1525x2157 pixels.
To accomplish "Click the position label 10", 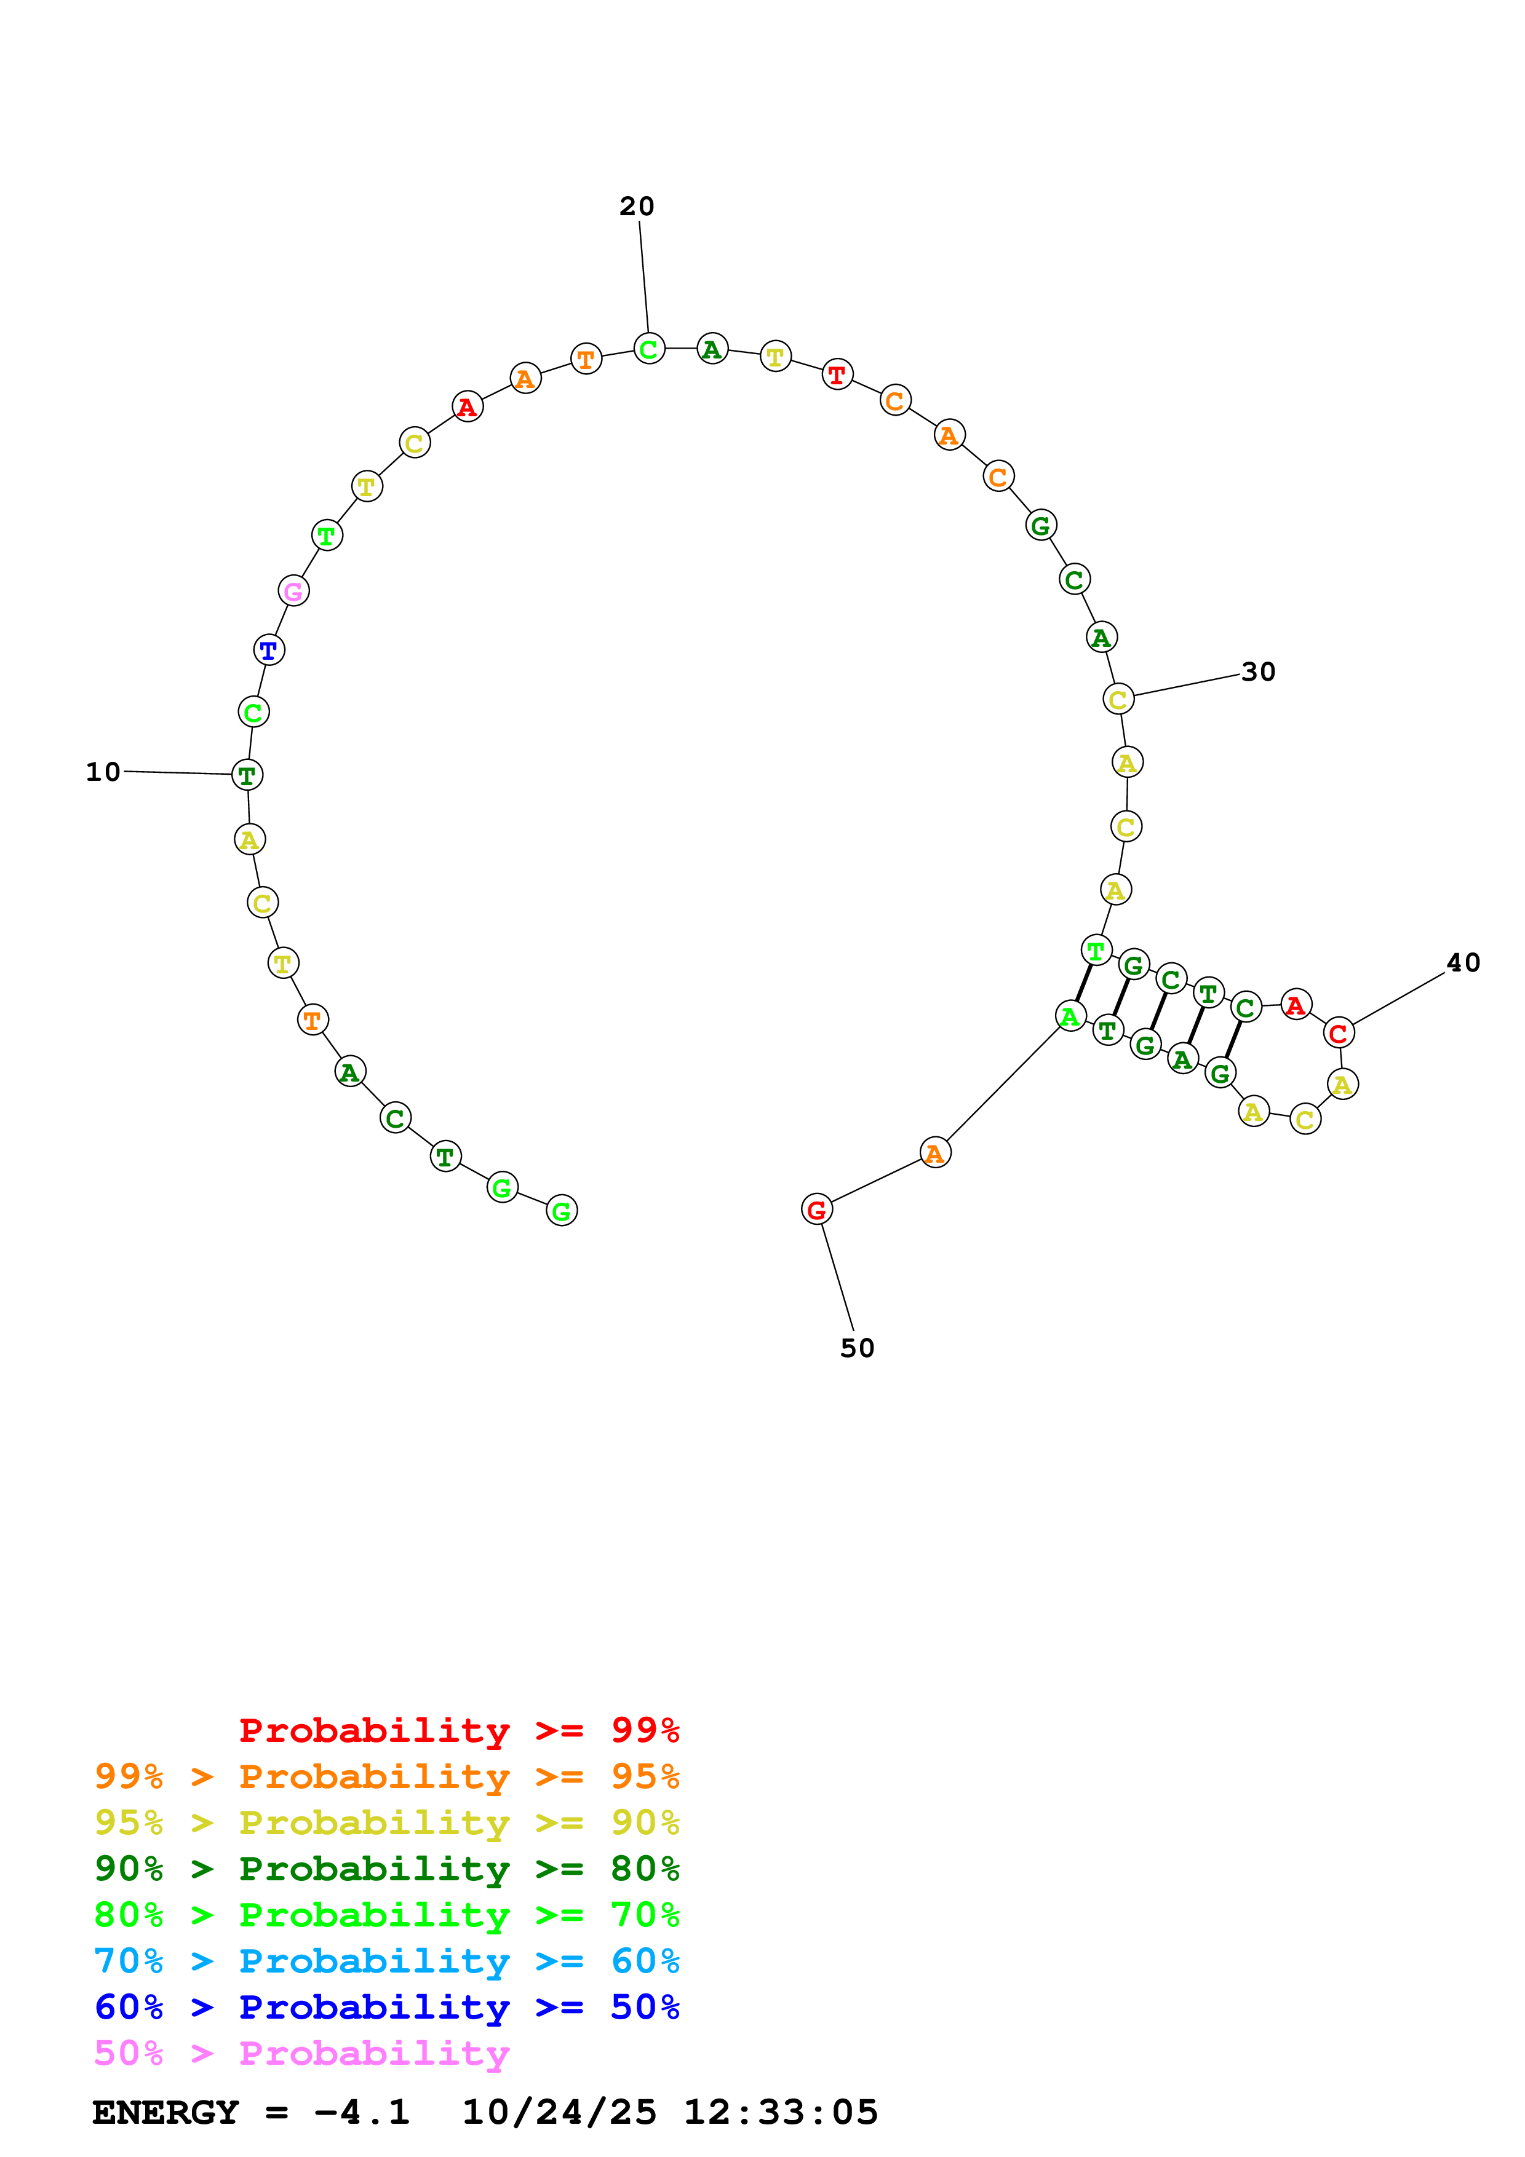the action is click(x=103, y=772).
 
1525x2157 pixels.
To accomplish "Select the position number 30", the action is click(x=1258, y=671).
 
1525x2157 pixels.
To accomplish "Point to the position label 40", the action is click(x=1463, y=963).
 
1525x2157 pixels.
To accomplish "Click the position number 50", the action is click(x=857, y=1348).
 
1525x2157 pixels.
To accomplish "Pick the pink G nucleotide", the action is click(x=293, y=591).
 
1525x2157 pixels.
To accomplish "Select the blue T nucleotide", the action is click(x=269, y=650).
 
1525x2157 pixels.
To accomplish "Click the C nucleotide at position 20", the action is click(x=648, y=349).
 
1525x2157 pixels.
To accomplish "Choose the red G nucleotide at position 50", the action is click(x=816, y=1210).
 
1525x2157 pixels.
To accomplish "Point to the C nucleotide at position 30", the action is click(x=1117, y=700).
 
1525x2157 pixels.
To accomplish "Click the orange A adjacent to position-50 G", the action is click(x=935, y=1153).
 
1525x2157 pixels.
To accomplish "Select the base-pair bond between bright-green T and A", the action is click(x=1083, y=983).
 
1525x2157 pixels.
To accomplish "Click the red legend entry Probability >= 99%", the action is click(x=458, y=1730).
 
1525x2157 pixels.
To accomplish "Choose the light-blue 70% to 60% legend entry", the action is click(x=387, y=1961).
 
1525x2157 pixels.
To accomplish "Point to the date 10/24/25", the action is click(x=559, y=2113).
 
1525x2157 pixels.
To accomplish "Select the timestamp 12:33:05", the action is click(x=780, y=2113).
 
